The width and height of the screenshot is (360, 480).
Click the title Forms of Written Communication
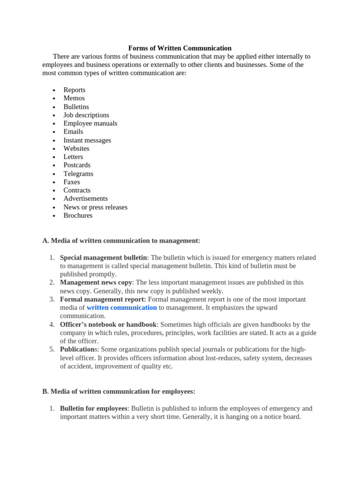click(180, 48)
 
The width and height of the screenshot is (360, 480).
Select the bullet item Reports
click(75, 90)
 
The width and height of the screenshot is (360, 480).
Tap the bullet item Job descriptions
click(86, 115)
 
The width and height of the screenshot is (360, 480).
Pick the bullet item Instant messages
click(87, 140)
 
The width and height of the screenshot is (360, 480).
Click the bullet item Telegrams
click(78, 174)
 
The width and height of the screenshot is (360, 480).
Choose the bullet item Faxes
click(72, 182)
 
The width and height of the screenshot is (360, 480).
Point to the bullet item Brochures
click(78, 216)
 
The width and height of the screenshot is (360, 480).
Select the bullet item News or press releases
click(95, 207)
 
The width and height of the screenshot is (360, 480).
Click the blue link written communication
click(121, 308)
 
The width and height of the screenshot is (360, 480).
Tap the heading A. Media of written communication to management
click(121, 241)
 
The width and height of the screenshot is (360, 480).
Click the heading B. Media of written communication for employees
click(119, 391)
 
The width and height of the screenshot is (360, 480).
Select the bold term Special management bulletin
click(103, 258)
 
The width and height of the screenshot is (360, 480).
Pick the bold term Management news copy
click(96, 283)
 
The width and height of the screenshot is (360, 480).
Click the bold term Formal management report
click(103, 300)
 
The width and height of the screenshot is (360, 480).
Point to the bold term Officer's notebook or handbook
click(108, 325)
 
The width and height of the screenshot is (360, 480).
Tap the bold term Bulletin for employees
click(93, 409)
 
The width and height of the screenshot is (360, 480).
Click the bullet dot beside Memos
click(54, 99)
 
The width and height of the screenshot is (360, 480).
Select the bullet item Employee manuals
click(90, 124)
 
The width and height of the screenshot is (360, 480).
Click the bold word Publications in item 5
click(77, 350)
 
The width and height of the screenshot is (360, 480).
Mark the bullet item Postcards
click(77, 165)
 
